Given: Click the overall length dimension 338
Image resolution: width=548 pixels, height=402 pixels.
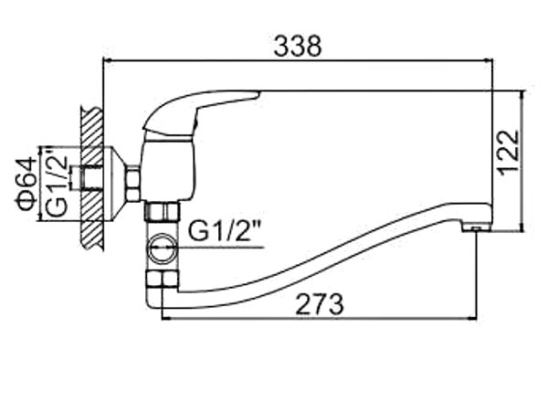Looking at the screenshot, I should click(x=299, y=46).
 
